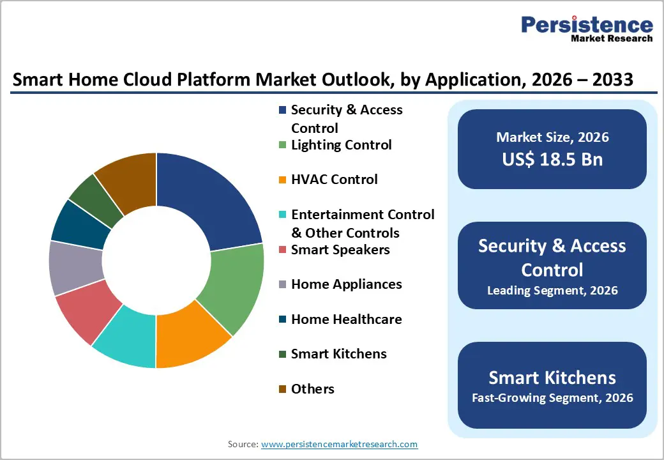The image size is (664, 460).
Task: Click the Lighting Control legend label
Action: pyautogui.click(x=341, y=145)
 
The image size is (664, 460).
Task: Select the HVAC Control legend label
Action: pyautogui.click(x=334, y=180)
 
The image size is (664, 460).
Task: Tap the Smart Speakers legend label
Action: pyautogui.click(x=340, y=249)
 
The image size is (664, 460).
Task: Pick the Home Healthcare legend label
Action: pyautogui.click(x=346, y=319)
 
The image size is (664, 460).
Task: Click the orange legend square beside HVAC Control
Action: pyautogui.click(x=282, y=180)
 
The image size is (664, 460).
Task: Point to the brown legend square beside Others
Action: pyautogui.click(x=282, y=389)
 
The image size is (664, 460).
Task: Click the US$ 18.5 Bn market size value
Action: pyautogui.click(x=552, y=159)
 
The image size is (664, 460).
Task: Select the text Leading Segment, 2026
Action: pyautogui.click(x=552, y=291)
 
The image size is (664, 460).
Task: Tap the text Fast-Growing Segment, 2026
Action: pyautogui.click(x=552, y=398)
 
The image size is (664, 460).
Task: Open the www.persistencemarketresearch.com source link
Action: pyautogui.click(x=339, y=444)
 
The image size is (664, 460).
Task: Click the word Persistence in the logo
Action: pyautogui.click(x=587, y=25)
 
